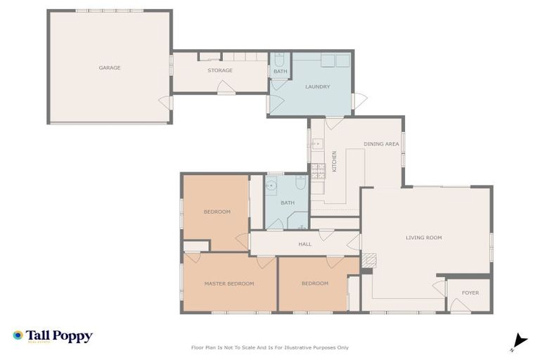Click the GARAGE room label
(109, 68)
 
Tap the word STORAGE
(219, 70)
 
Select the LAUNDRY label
(317, 86)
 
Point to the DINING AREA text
(381, 144)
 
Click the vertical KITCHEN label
(335, 161)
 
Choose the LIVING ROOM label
(423, 238)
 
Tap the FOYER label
(470, 292)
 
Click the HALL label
(304, 244)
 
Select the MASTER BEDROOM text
(229, 283)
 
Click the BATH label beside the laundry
(280, 72)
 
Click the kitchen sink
(316, 144)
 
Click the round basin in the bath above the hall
(271, 185)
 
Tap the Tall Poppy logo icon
(18, 335)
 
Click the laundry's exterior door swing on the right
(359, 101)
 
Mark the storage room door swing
(226, 88)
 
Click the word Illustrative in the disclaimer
(297, 347)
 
